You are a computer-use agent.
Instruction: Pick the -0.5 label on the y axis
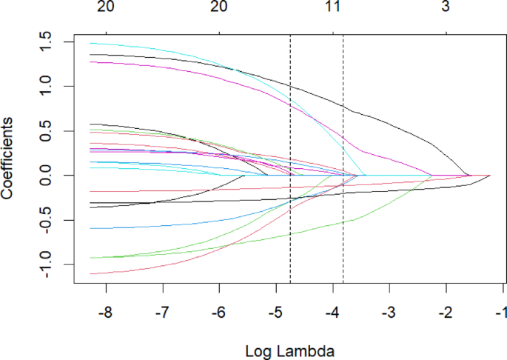click(x=46, y=220)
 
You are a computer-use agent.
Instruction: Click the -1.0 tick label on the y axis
click(x=46, y=264)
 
